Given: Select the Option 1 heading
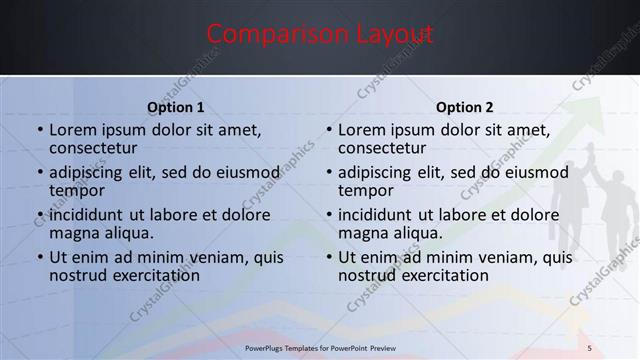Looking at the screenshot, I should (x=176, y=108).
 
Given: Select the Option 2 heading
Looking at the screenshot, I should (x=465, y=108).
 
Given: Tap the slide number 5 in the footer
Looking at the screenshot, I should (x=589, y=347).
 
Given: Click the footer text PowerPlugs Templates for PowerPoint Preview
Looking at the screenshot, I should (x=320, y=347).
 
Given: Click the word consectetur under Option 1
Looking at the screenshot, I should (x=92, y=148).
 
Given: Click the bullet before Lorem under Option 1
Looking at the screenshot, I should (x=39, y=130).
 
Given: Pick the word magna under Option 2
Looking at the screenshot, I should (x=361, y=233).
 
